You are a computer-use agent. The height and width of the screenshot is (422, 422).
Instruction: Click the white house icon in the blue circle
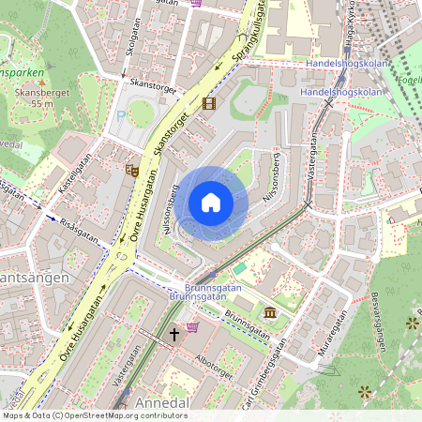(211, 203)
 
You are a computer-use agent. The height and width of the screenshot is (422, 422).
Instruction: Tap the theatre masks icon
(132, 170)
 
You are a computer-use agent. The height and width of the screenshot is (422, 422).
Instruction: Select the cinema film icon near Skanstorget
(208, 103)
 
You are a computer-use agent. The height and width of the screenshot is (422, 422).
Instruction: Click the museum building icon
(270, 311)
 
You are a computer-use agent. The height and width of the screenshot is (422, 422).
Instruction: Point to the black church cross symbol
(173, 333)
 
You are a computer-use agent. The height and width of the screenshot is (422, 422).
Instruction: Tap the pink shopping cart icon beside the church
(193, 326)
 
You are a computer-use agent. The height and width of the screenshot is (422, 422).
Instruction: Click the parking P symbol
(120, 114)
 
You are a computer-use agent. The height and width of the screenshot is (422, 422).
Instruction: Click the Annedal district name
(164, 401)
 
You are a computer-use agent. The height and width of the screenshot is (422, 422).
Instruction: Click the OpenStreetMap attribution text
(94, 414)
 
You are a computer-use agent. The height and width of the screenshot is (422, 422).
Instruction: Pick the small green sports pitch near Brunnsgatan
(240, 268)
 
